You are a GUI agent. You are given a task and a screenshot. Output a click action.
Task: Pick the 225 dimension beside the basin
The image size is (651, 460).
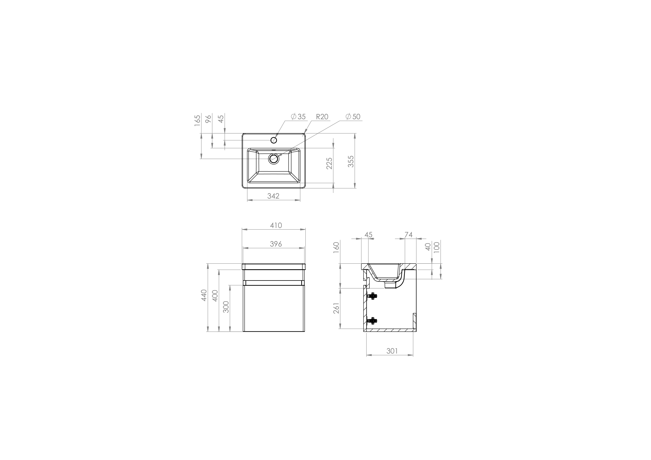coord(329,163)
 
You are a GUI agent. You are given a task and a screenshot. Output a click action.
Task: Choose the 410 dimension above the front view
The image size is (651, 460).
coord(276,225)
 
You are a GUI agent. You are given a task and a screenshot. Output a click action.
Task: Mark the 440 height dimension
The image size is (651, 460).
coord(204,295)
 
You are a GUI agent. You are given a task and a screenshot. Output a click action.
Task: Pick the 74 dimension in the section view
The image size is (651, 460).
coord(409,235)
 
